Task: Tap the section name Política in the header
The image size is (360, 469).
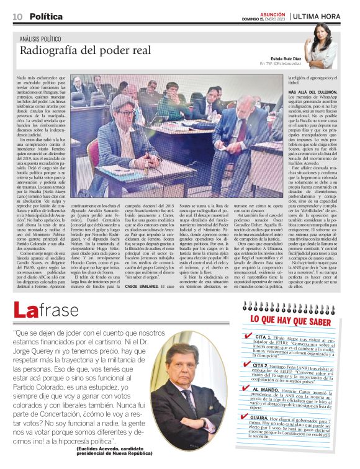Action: coord(46,17)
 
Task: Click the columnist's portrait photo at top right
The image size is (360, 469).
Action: coord(323,45)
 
